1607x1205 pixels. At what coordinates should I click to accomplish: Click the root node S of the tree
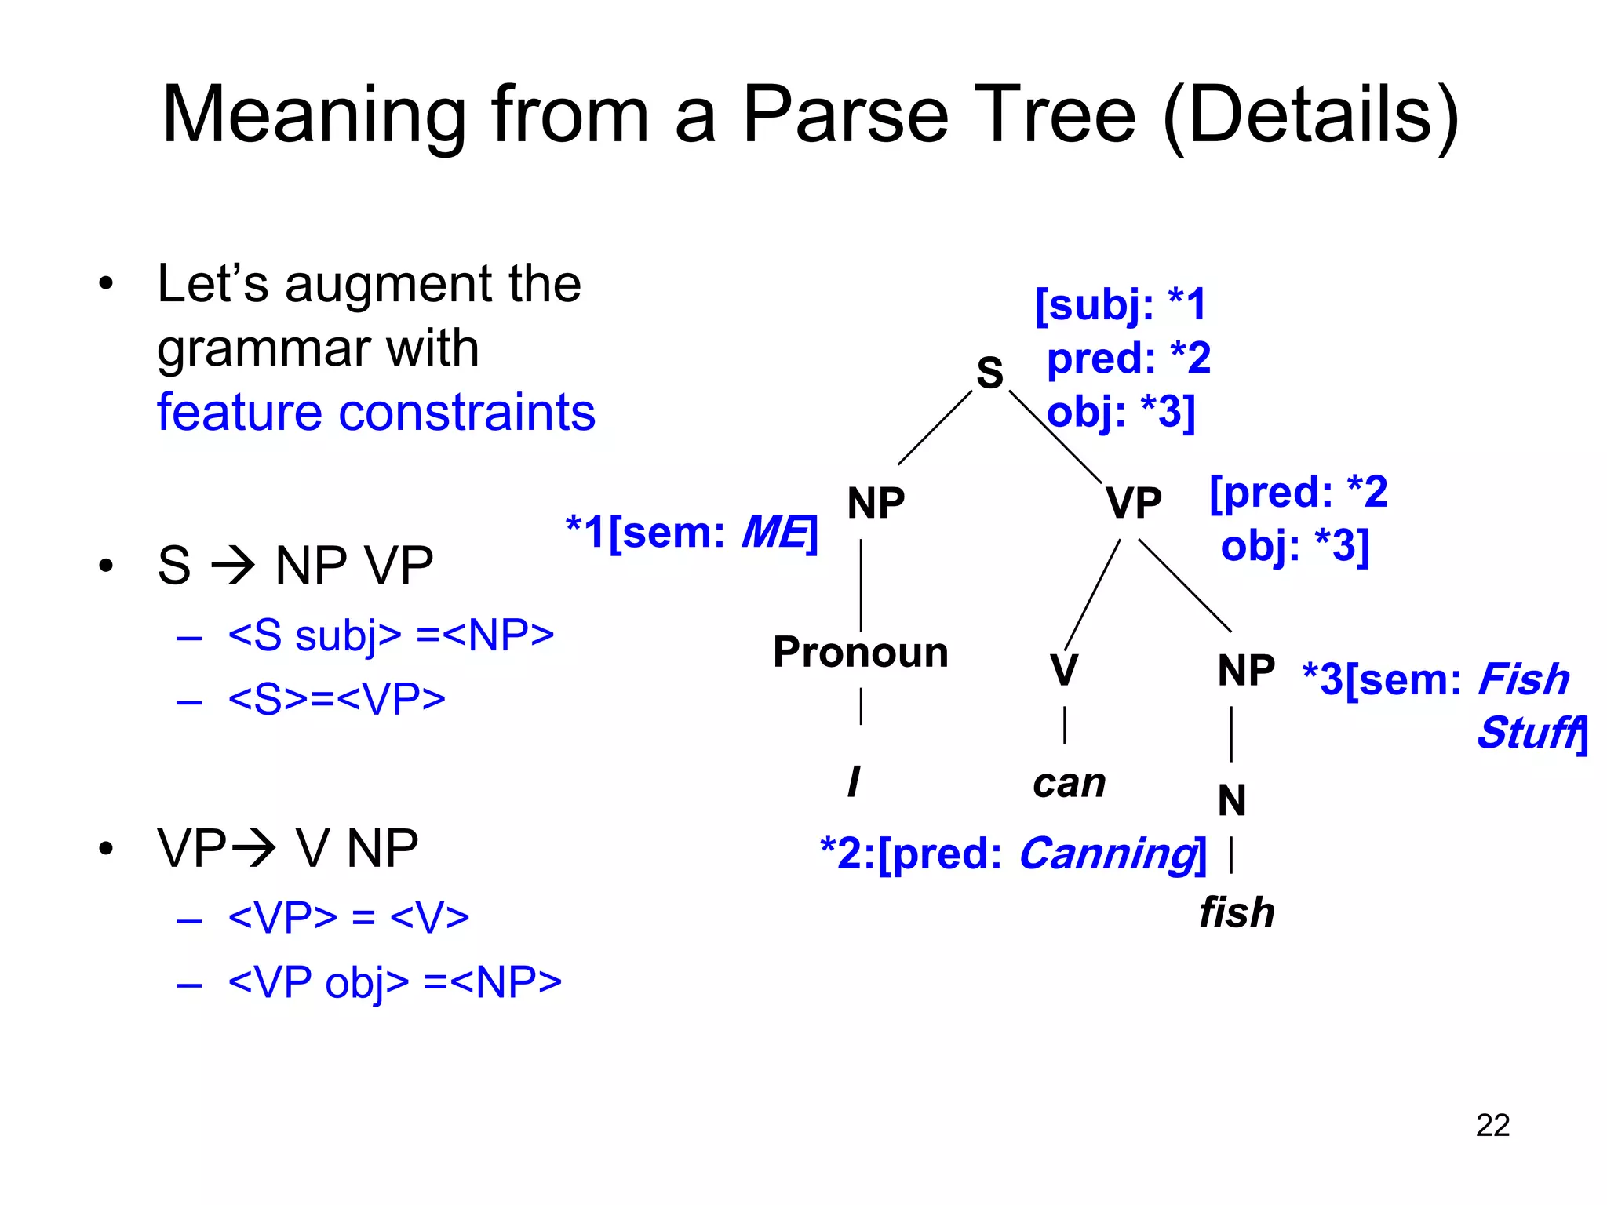point(989,372)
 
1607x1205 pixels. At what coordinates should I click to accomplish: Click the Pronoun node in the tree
point(861,652)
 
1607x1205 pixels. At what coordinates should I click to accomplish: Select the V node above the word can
point(1063,670)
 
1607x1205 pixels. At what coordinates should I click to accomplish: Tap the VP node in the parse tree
point(1133,503)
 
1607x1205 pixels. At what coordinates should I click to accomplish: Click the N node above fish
point(1231,800)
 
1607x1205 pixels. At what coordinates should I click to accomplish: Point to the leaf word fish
point(1237,912)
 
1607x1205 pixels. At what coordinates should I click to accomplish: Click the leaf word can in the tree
point(1069,783)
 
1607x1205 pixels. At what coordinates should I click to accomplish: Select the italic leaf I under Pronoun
point(854,782)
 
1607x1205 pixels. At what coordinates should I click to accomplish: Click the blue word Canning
point(1107,854)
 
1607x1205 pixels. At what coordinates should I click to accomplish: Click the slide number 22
point(1492,1125)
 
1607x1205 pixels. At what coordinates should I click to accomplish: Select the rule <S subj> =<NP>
point(391,635)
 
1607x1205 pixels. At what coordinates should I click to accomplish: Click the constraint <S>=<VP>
point(337,698)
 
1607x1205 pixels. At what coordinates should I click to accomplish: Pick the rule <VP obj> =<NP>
point(395,981)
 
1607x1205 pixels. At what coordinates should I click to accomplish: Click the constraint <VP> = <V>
point(348,916)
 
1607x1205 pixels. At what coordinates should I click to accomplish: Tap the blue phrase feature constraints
point(376,412)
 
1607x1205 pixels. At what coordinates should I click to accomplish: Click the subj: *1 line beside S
point(1121,304)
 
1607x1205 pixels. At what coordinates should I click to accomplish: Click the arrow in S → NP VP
point(233,565)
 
